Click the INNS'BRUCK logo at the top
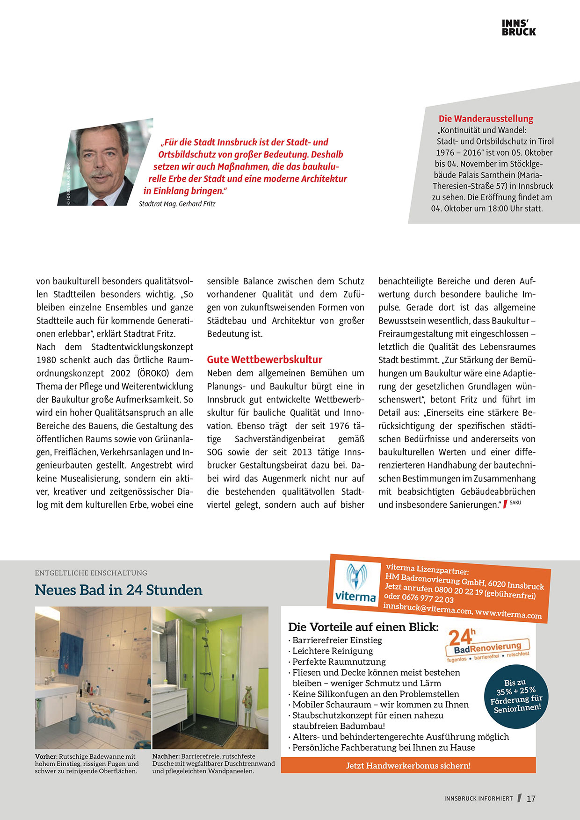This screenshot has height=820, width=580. (519, 28)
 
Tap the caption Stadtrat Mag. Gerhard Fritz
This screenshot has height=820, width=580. (177, 204)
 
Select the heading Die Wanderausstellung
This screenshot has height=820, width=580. (486, 119)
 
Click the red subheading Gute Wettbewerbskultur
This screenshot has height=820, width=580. (264, 360)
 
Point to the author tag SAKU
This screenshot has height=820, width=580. (515, 503)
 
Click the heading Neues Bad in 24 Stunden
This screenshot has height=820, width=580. (118, 590)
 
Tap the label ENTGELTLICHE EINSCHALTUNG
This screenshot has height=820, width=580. (91, 573)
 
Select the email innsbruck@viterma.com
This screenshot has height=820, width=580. (427, 608)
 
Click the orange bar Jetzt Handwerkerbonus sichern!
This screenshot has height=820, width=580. (408, 765)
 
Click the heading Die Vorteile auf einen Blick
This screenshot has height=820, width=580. (363, 627)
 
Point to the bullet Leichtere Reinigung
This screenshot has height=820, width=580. (333, 651)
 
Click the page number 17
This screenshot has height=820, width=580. (531, 798)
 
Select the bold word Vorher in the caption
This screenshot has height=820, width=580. (46, 756)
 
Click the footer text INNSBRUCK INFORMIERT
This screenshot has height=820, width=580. (478, 798)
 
